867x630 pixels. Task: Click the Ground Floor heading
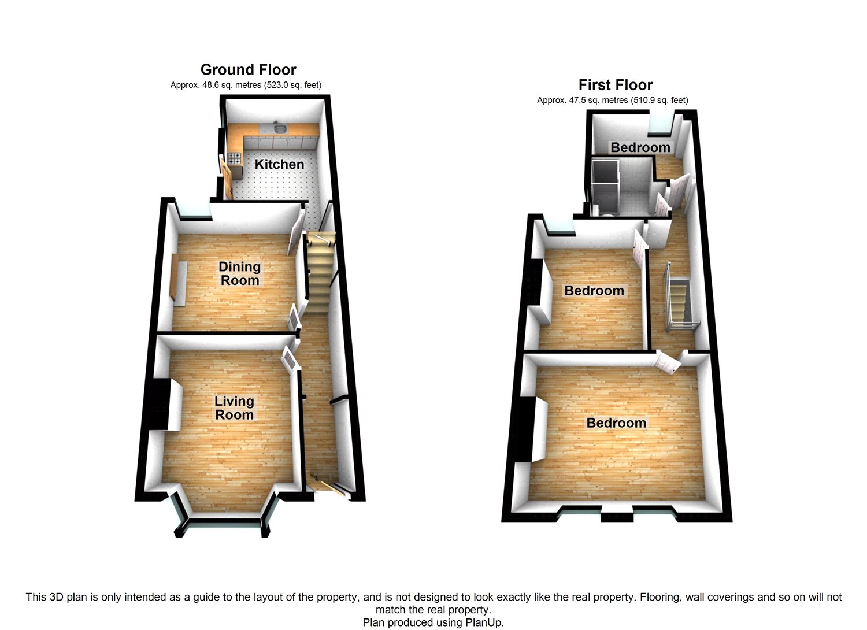coord(248,70)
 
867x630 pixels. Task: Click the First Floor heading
coord(615,86)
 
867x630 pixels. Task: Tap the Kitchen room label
coord(279,164)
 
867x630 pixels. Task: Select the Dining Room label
coord(239,273)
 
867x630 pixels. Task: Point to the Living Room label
coord(234,407)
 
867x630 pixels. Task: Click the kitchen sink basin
coord(280,128)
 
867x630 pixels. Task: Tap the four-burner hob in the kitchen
coord(235,157)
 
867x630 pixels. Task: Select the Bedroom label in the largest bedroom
coord(616,423)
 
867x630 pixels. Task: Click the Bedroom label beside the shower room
coord(640,147)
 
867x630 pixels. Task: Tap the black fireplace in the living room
coord(157,404)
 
